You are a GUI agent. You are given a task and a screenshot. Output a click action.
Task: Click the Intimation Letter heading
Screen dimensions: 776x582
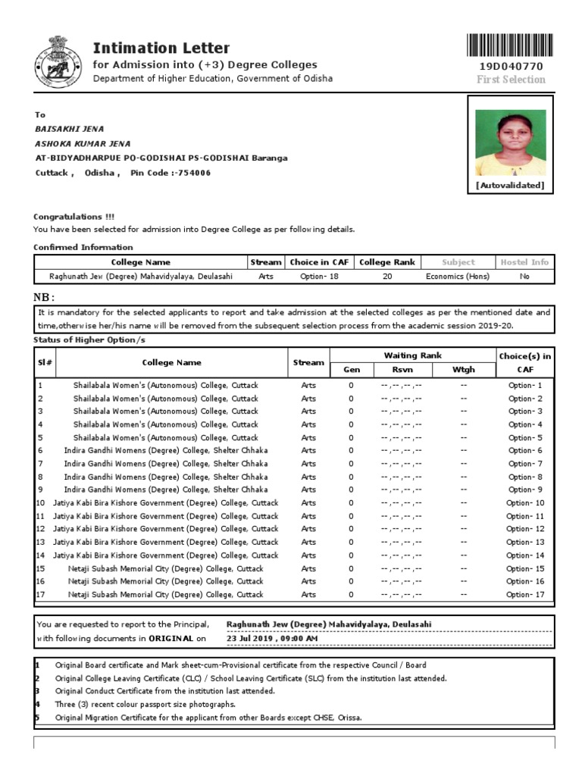tap(150, 48)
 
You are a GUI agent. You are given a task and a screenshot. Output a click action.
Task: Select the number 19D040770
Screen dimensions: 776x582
tap(510, 67)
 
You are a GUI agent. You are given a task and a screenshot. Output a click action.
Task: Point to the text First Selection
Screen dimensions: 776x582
tap(510, 80)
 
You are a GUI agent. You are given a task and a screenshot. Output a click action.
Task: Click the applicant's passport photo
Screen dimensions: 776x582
tap(509, 142)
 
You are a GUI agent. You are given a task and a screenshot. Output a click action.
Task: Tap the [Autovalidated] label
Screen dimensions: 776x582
tap(509, 185)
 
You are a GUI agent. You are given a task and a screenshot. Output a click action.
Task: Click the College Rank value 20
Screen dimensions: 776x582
tap(387, 277)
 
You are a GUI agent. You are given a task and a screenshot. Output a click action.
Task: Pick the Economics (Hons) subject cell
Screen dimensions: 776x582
tap(458, 277)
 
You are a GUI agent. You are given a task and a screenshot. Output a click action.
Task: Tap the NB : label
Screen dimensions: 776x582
tap(45, 296)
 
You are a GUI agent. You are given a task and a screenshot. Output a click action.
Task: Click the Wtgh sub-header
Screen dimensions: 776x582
tap(463, 370)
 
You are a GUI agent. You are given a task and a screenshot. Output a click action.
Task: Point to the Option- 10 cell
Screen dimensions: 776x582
tap(525, 503)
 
